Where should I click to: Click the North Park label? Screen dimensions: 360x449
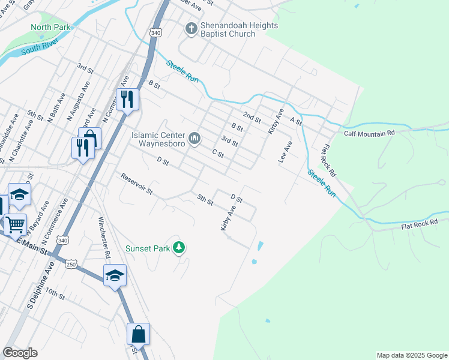click(x=50, y=27)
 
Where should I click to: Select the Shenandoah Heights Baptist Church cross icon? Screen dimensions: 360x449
click(x=191, y=29)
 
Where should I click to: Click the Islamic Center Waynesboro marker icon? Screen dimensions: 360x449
click(x=194, y=140)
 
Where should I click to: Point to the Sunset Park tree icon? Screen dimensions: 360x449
click(x=178, y=247)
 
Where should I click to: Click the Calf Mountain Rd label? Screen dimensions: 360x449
click(x=369, y=133)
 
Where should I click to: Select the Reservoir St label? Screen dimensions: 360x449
click(x=137, y=185)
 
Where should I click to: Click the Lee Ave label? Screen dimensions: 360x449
click(x=285, y=152)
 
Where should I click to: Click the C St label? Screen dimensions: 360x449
click(x=218, y=154)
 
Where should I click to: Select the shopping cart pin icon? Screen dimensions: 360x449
click(x=15, y=224)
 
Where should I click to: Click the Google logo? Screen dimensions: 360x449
click(x=20, y=353)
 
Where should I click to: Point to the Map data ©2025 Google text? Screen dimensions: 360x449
click(x=411, y=355)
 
